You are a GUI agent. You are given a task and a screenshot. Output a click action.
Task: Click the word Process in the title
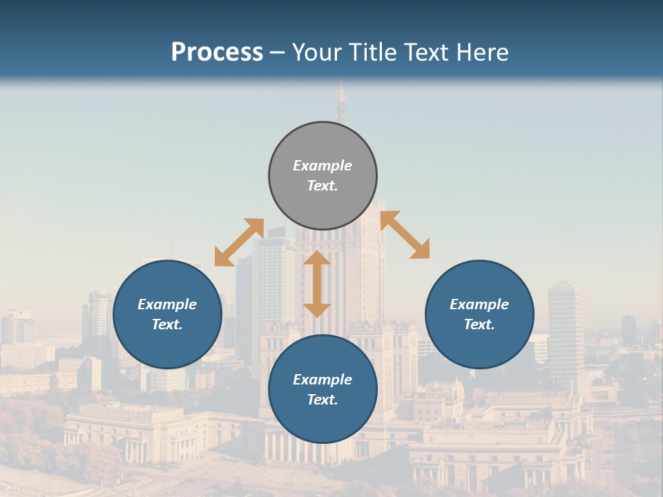(217, 52)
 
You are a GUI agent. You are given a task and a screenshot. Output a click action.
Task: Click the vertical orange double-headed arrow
(317, 284)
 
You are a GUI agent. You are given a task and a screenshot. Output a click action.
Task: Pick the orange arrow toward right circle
(405, 235)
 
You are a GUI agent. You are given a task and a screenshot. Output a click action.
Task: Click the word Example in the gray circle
(323, 166)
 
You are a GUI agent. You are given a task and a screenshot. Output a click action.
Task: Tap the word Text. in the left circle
(167, 324)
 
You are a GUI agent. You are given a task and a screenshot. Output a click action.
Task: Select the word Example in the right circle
(479, 304)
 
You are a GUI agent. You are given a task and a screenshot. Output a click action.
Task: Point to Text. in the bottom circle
(323, 400)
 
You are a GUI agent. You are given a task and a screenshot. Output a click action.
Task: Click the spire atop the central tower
(340, 104)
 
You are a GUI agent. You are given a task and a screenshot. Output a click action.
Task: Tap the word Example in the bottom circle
(323, 380)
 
